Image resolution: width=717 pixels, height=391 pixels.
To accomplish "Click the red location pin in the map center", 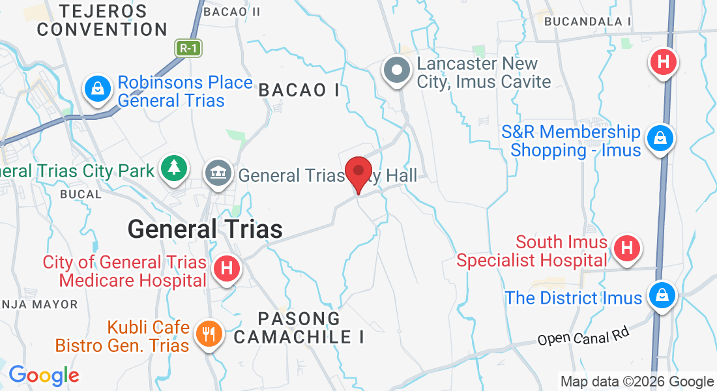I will (x=358, y=172).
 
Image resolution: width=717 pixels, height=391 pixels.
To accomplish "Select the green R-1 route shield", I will (x=188, y=48).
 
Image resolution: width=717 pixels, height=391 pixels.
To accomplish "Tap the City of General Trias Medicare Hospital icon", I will (x=227, y=268).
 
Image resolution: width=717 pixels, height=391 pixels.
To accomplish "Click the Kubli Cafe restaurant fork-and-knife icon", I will (x=209, y=334).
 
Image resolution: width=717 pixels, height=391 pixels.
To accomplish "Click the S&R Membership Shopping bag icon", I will (x=660, y=138).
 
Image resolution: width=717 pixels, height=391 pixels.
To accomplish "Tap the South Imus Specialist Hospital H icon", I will (x=626, y=248).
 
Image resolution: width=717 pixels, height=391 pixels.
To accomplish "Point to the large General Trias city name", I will (x=205, y=229).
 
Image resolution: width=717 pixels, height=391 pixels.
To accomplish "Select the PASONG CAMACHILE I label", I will (x=299, y=328).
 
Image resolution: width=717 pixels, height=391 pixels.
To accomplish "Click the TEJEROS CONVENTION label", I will (x=102, y=20).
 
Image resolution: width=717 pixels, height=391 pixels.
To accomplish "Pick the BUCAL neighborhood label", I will (x=81, y=194).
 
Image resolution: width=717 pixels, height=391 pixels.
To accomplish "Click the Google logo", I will (x=44, y=375).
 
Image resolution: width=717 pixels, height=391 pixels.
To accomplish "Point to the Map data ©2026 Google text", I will (x=637, y=382).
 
